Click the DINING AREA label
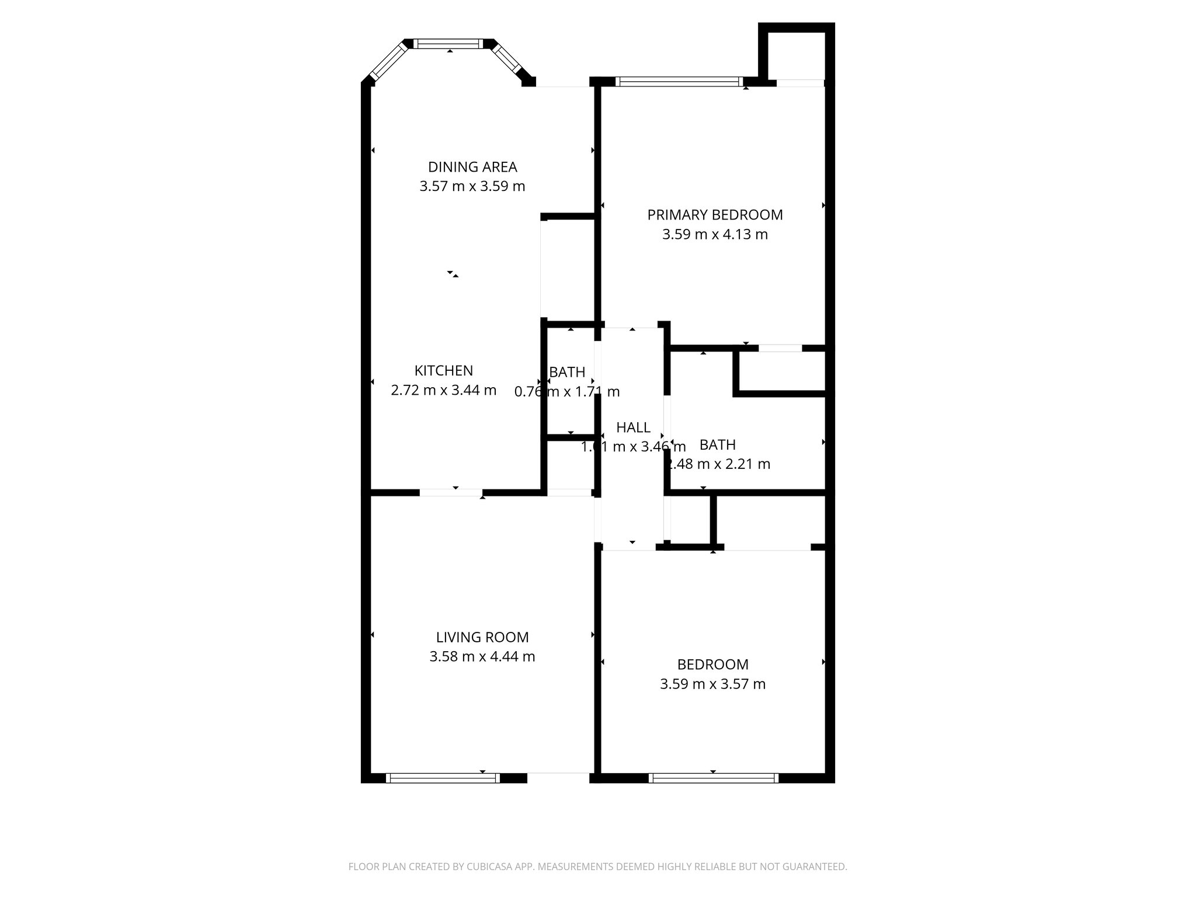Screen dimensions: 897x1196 coord(472,167)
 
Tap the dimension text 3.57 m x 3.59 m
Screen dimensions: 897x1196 coord(472,186)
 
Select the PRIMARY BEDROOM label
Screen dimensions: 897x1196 coord(715,215)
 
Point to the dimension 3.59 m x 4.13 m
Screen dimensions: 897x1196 coord(715,234)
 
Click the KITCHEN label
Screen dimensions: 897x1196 coord(443,371)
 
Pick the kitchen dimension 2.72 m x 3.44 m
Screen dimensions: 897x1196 coord(443,390)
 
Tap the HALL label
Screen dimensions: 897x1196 coord(633,427)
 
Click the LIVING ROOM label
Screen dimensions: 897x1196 coord(482,637)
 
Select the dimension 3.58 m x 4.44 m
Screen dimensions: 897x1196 coord(482,656)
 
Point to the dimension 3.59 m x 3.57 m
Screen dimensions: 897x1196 coord(712,684)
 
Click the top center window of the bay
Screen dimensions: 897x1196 coord(450,43)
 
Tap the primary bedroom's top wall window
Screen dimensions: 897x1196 coord(680,82)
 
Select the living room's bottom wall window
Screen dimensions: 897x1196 coord(443,778)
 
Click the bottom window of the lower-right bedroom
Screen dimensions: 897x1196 coord(713,778)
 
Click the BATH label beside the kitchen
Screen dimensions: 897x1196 coord(567,372)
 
